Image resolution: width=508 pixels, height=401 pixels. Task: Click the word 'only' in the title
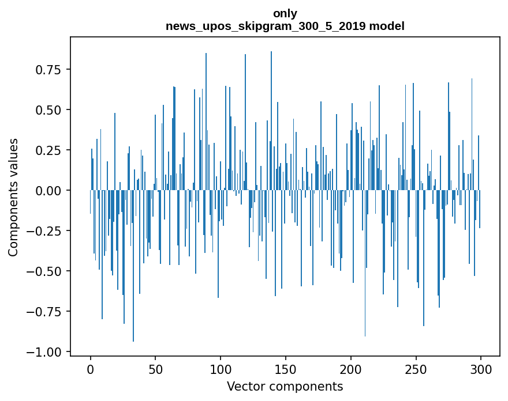coord(285,13)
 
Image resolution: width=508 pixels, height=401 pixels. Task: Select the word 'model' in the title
coord(388,26)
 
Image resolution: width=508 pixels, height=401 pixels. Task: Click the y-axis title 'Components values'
coord(13,197)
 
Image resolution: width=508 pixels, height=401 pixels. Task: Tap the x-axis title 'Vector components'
coord(285,387)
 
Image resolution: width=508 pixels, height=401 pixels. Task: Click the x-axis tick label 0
coord(91,369)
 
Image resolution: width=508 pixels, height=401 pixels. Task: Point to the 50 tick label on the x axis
coord(155,369)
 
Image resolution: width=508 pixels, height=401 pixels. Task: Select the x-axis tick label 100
coord(221,369)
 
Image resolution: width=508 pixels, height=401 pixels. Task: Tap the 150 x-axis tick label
coord(286,369)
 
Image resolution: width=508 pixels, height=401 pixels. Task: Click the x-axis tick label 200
coord(351,369)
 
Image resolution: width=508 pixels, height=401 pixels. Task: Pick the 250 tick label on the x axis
coord(416,369)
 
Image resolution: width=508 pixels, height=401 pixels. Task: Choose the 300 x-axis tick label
coord(481,369)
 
